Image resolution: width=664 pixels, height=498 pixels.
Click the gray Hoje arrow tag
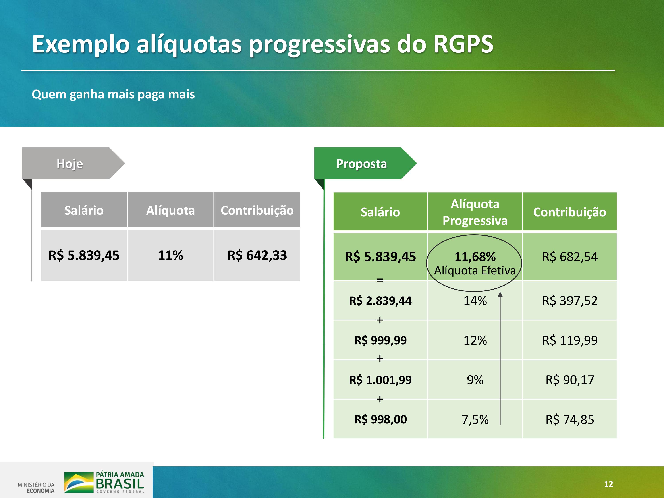(73, 163)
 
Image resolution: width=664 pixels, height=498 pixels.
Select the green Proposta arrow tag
(365, 163)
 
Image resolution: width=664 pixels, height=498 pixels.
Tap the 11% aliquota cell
(170, 255)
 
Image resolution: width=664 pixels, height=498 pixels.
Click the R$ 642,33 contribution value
(257, 255)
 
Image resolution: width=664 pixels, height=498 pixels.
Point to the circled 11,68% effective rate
(475, 257)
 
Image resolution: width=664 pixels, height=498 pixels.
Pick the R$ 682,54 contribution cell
(570, 257)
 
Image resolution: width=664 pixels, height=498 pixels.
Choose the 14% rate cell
(475, 301)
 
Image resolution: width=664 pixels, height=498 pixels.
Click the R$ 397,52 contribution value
(570, 301)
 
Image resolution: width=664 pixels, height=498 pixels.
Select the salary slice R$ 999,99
(380, 340)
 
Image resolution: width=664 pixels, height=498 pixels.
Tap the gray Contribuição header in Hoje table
(257, 210)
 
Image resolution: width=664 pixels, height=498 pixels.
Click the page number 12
(608, 484)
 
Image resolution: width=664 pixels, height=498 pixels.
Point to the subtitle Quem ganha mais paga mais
(113, 94)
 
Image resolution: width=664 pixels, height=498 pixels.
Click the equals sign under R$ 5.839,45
(380, 281)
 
